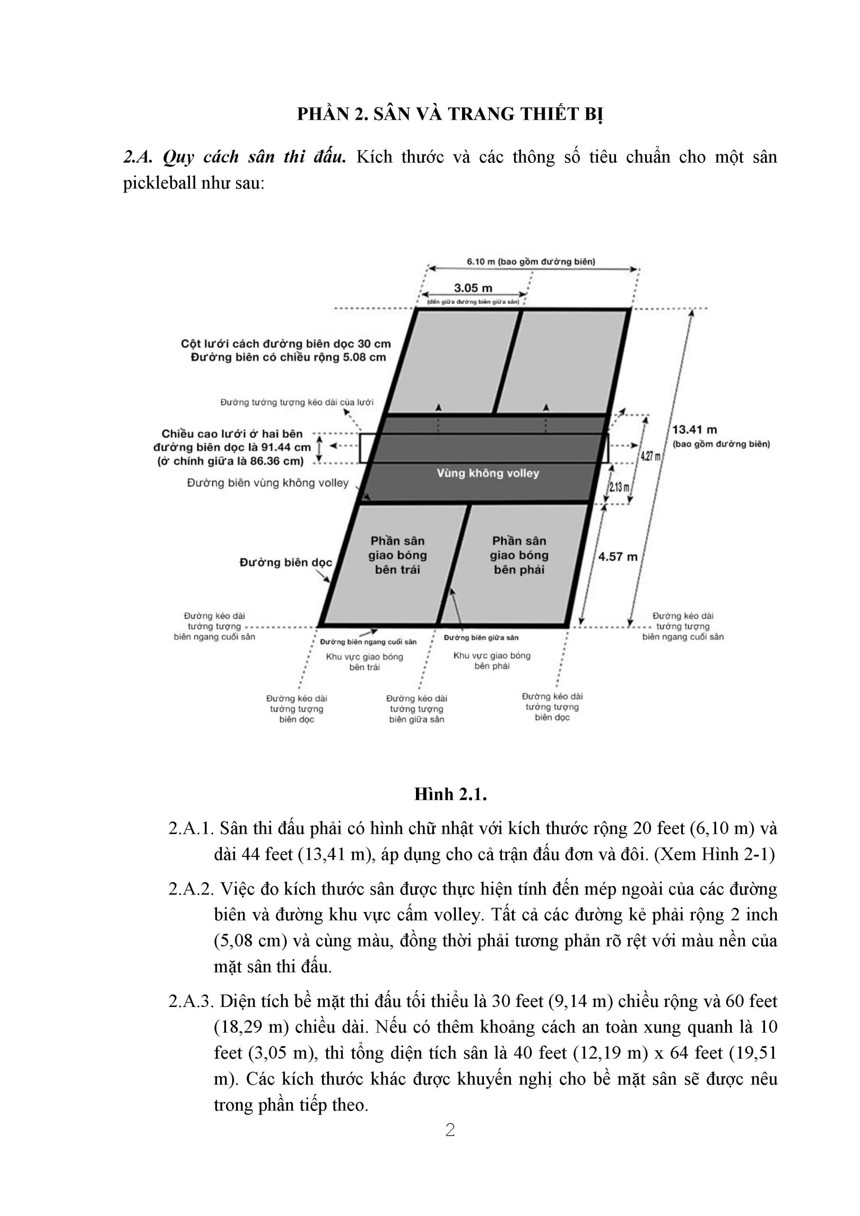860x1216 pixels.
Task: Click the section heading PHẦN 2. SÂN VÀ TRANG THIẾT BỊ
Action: [x=450, y=114]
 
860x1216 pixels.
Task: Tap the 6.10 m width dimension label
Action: [x=530, y=262]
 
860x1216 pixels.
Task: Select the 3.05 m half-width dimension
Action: [x=473, y=288]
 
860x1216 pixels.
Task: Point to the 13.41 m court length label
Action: [x=694, y=429]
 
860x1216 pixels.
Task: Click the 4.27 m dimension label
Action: [x=650, y=456]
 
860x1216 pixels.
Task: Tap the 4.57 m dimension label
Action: [x=617, y=557]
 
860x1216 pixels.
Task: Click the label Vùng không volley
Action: [x=488, y=474]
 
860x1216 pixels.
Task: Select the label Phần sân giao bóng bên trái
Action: [x=397, y=555]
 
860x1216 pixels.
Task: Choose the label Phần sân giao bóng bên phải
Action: [x=519, y=555]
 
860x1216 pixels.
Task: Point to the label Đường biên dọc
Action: [x=286, y=562]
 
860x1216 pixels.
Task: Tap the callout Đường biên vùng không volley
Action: [x=268, y=483]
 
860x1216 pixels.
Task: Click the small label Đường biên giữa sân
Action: [x=481, y=637]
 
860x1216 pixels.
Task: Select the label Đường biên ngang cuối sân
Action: [x=368, y=642]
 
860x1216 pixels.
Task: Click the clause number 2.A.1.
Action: [x=190, y=828]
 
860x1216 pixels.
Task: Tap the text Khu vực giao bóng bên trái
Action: [x=364, y=662]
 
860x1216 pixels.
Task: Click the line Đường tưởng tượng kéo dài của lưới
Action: [x=296, y=402]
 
